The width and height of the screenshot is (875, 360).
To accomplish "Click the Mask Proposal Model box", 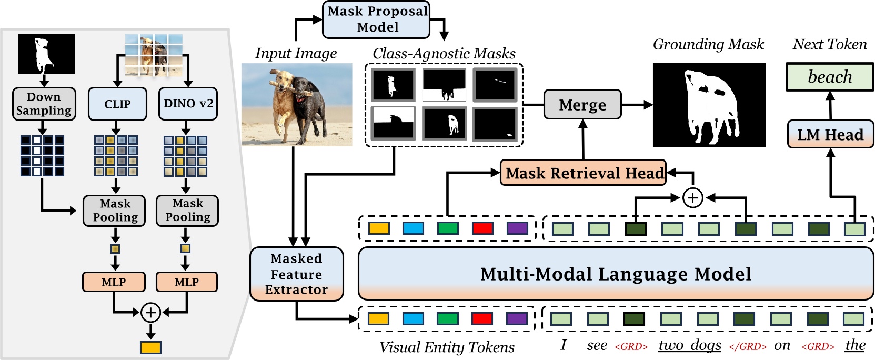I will pyautogui.click(x=376, y=19).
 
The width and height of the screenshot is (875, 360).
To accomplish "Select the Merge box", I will pyautogui.click(x=582, y=105).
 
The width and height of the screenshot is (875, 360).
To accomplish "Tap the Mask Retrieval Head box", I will pyautogui.click(x=583, y=173).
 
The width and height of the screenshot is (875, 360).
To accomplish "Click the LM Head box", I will pyautogui.click(x=830, y=135).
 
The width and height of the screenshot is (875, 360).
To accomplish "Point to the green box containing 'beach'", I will pyautogui.click(x=829, y=77).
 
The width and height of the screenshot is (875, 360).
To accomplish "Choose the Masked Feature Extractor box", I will pyautogui.click(x=296, y=274).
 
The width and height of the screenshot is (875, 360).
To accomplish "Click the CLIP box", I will pyautogui.click(x=117, y=104).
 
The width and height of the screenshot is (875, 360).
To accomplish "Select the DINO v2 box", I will pyautogui.click(x=188, y=104).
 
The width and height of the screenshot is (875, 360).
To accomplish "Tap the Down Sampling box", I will pyautogui.click(x=44, y=104).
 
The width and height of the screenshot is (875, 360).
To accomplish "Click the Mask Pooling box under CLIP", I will pyautogui.click(x=115, y=211).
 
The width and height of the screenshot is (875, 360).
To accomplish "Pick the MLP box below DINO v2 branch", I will pyautogui.click(x=186, y=282).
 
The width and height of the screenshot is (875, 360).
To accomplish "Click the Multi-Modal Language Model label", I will pyautogui.click(x=616, y=274).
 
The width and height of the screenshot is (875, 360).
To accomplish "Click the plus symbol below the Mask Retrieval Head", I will pyautogui.click(x=692, y=198).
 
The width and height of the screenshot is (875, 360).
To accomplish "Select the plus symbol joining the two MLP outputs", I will pyautogui.click(x=150, y=313).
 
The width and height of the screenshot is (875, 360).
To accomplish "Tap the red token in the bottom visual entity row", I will pyautogui.click(x=482, y=318).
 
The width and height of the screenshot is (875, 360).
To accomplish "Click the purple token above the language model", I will pyautogui.click(x=517, y=228).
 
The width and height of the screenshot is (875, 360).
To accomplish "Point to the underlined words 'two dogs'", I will pyautogui.click(x=689, y=345).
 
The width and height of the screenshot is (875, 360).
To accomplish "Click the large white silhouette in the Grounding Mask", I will pyautogui.click(x=708, y=108).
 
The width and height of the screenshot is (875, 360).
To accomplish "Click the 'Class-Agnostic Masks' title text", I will pyautogui.click(x=444, y=53).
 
